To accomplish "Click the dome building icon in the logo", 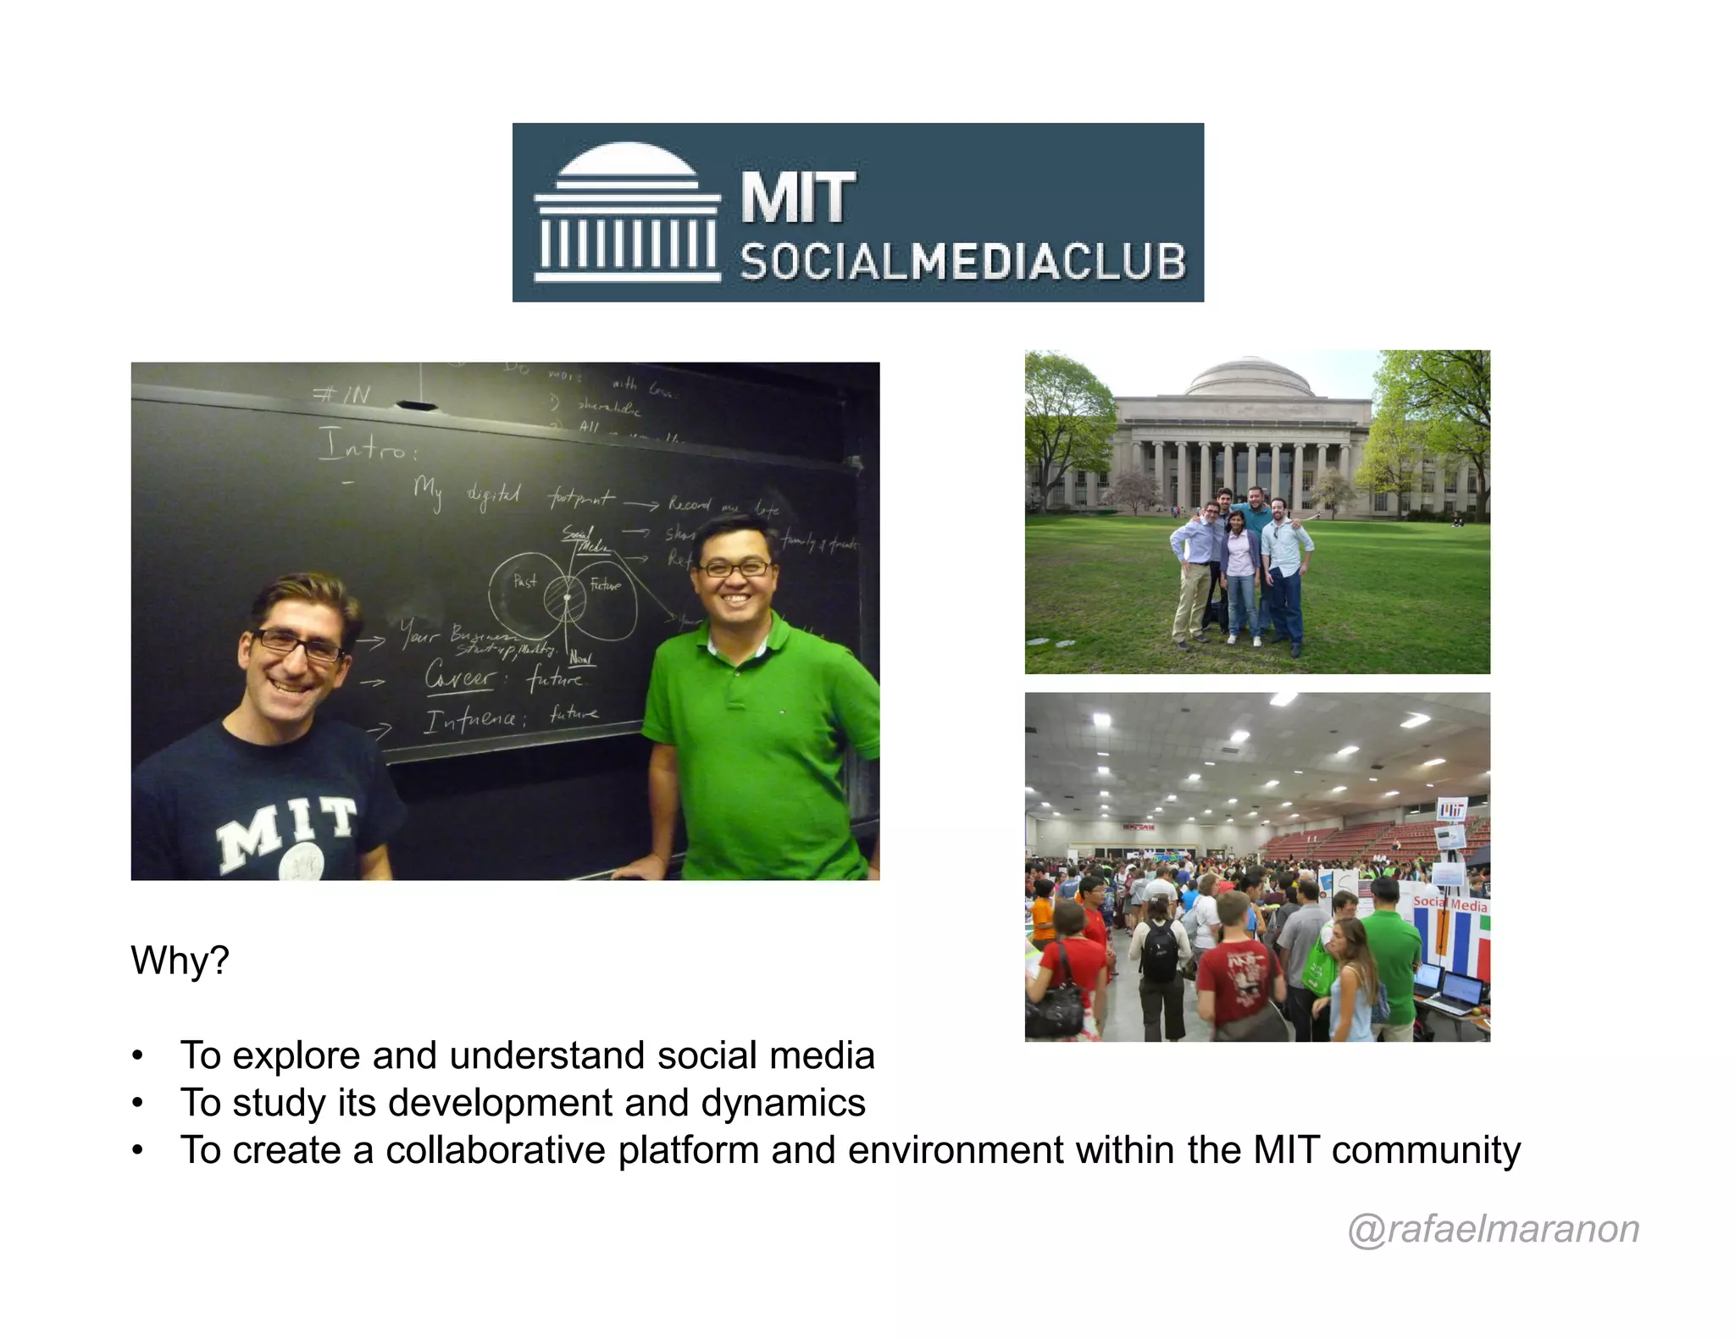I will point(627,212).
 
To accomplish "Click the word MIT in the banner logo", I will point(798,198).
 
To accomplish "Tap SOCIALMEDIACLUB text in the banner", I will point(962,262).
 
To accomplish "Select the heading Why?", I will point(180,961).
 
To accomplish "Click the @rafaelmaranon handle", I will point(1493,1228).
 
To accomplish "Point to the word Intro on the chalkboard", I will point(366,445).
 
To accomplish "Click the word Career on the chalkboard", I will point(459,677).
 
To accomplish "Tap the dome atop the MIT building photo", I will point(1250,378).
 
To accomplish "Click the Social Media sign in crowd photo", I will point(1450,904).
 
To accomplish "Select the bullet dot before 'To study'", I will point(137,1104).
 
